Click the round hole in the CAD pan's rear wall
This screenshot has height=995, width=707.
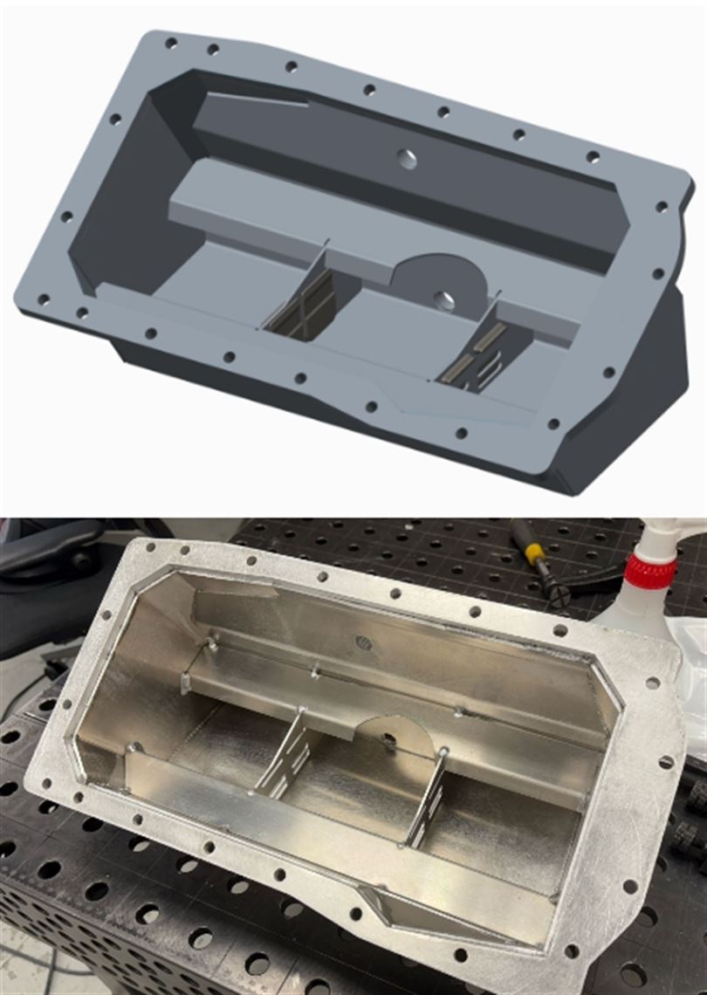pos(406,158)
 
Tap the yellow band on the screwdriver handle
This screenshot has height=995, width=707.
pos(533,552)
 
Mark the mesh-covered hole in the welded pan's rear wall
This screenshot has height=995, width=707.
pos(364,642)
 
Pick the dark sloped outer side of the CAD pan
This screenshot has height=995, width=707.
pos(646,384)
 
